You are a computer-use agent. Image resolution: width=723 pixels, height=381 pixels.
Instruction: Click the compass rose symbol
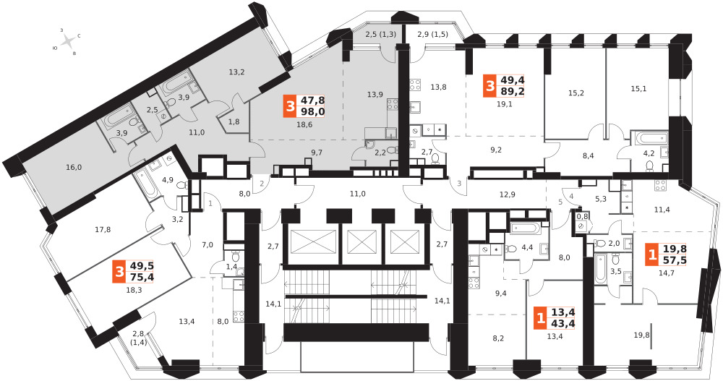69,42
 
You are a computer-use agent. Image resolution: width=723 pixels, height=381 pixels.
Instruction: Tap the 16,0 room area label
74,168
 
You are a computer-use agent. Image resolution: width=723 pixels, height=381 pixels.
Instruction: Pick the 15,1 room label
638,89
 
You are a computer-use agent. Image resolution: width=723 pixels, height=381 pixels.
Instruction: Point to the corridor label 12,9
507,194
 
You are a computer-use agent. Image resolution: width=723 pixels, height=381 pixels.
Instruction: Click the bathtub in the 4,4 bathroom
526,229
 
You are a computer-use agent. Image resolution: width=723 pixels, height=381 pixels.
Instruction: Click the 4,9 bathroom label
167,180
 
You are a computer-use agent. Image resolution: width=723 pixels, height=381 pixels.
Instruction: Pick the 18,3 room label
134,289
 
